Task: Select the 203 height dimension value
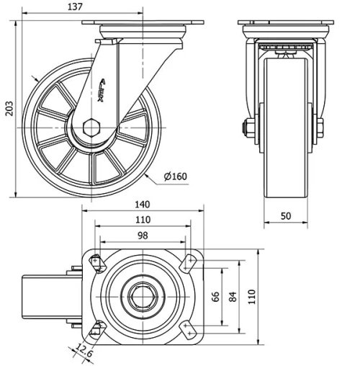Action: click(9, 108)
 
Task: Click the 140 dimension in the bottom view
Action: click(143, 205)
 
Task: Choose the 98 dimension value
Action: click(143, 236)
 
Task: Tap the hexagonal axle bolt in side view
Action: click(91, 128)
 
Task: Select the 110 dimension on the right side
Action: click(251, 296)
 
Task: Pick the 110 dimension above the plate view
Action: click(143, 220)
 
